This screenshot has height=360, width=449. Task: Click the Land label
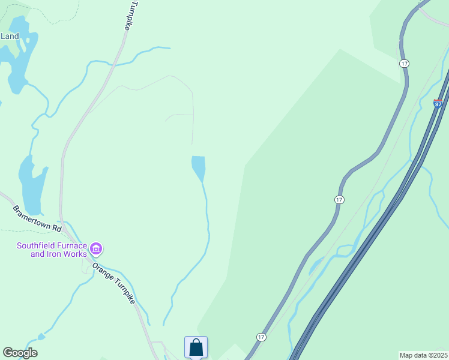pyautogui.click(x=10, y=36)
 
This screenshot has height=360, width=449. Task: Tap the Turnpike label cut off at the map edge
pyautogui.click(x=134, y=16)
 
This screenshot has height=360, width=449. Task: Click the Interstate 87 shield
pyautogui.click(x=438, y=104)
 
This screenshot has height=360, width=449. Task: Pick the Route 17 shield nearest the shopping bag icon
pyautogui.click(x=261, y=337)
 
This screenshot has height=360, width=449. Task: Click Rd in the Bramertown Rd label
pyautogui.click(x=57, y=229)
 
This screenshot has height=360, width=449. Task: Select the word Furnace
pyautogui.click(x=74, y=245)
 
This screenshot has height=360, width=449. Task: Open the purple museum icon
pyautogui.click(x=95, y=248)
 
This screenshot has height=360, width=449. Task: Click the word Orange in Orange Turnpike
pyautogui.click(x=103, y=272)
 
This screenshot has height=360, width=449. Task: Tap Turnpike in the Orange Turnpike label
pyautogui.click(x=124, y=292)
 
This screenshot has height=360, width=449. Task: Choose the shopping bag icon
pyautogui.click(x=196, y=347)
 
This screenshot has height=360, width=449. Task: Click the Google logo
pyautogui.click(x=20, y=353)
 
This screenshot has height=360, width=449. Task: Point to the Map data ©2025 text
pyautogui.click(x=423, y=355)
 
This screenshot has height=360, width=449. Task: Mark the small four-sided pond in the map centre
pyautogui.click(x=199, y=167)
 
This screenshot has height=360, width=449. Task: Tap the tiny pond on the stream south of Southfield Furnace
pyautogui.click(x=40, y=337)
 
